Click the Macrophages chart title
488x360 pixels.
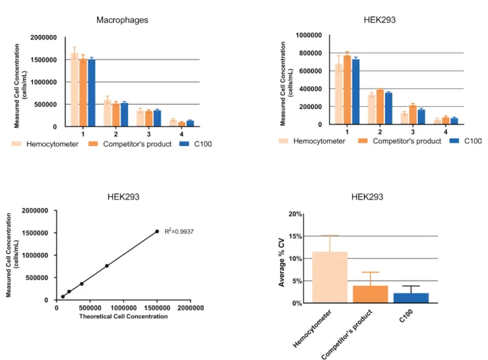click(122, 20)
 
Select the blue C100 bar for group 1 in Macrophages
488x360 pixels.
click(92, 93)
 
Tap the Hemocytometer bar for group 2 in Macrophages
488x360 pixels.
click(107, 113)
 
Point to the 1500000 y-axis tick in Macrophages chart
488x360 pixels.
click(44, 60)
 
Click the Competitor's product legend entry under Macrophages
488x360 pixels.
click(130, 144)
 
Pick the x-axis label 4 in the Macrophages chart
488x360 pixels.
click(182, 134)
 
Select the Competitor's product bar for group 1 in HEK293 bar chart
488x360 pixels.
click(347, 90)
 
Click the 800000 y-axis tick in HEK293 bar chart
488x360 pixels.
click(310, 53)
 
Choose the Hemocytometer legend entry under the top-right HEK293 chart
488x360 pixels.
click(312, 141)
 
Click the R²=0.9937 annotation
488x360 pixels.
click(179, 231)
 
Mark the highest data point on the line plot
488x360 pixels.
click(157, 231)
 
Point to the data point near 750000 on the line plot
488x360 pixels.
click(107, 266)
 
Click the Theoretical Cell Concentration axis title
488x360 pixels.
click(123, 316)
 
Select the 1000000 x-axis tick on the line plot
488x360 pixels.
click(124, 308)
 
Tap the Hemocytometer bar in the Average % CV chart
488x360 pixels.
click(330, 277)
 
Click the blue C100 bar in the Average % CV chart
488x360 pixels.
click(411, 298)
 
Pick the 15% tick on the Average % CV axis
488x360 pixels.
click(295, 236)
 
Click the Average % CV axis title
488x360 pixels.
click(281, 262)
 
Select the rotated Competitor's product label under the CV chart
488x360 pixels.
click(347, 334)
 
